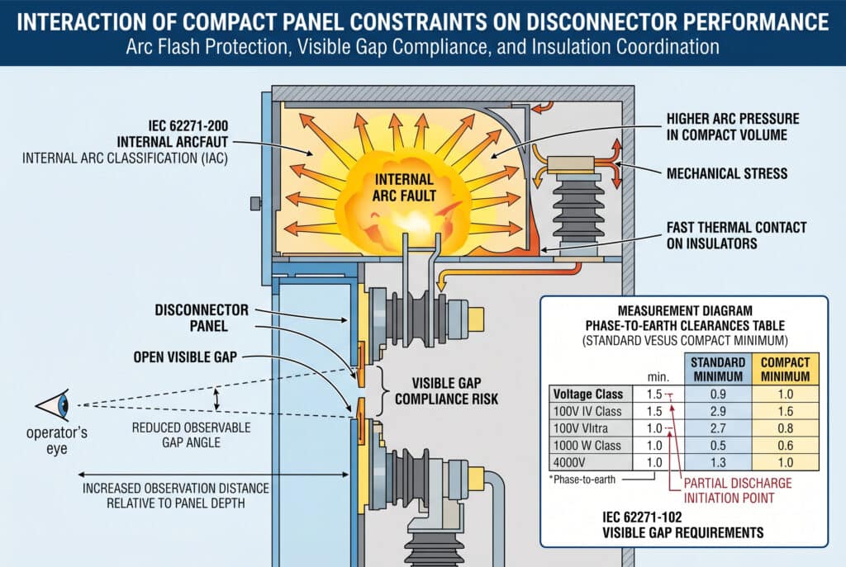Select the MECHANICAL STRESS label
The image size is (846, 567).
725,173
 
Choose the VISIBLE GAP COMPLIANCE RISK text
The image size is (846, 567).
447,390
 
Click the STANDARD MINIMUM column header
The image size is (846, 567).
718,368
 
